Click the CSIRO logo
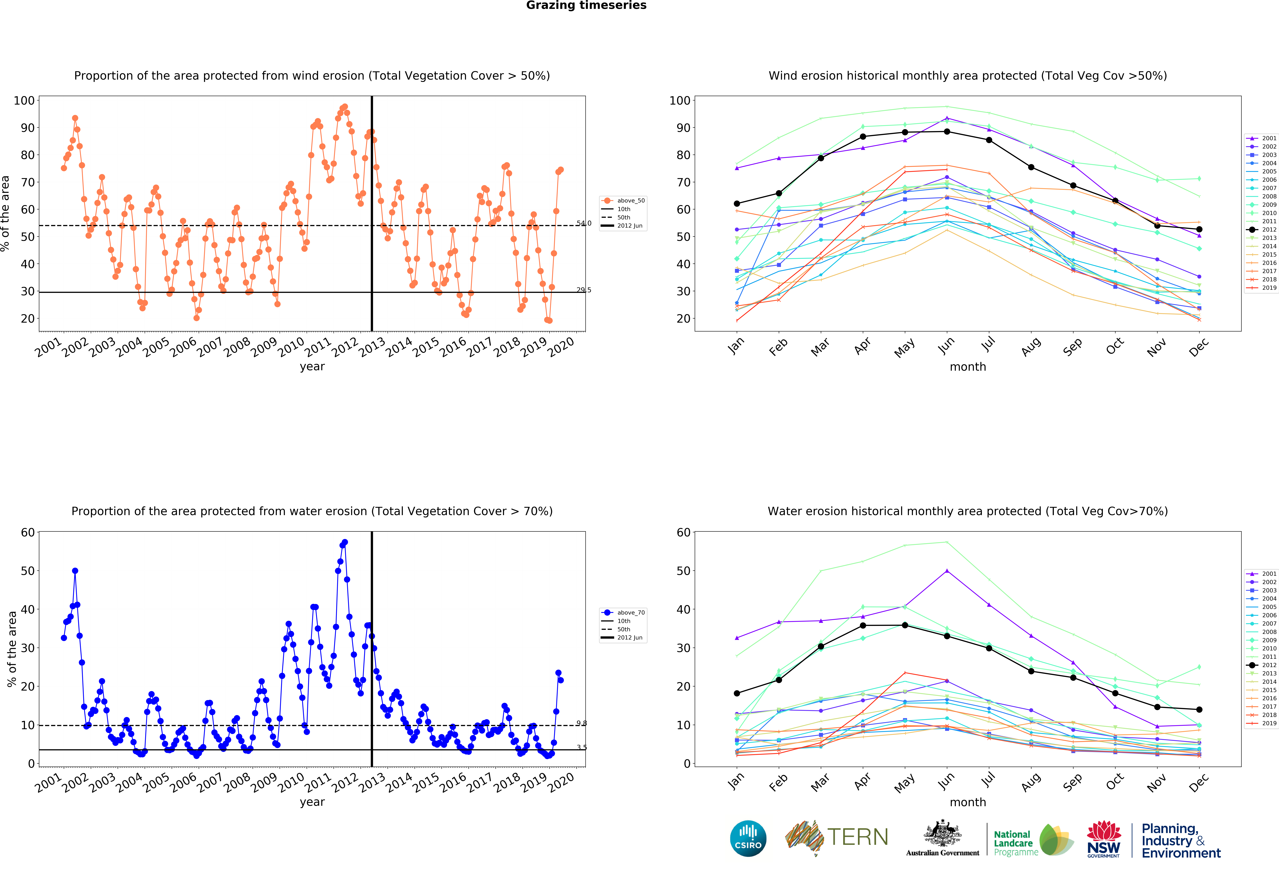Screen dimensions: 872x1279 pyautogui.click(x=748, y=838)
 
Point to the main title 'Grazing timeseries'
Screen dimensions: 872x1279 pyautogui.click(x=586, y=5)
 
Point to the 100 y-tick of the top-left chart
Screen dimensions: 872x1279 pyautogui.click(x=24, y=100)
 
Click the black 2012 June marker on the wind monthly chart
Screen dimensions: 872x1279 pyautogui.click(x=947, y=132)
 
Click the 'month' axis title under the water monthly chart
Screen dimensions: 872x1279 pyautogui.click(x=967, y=802)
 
